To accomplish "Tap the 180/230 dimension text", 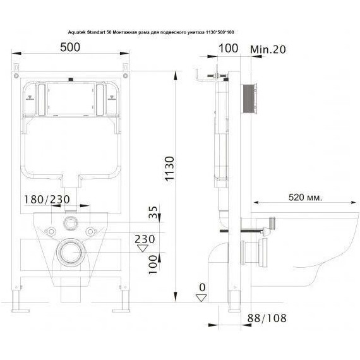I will coord(45,200).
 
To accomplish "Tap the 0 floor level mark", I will coord(201,289).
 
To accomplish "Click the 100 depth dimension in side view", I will coord(227,48).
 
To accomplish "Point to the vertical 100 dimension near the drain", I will coord(153,261).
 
